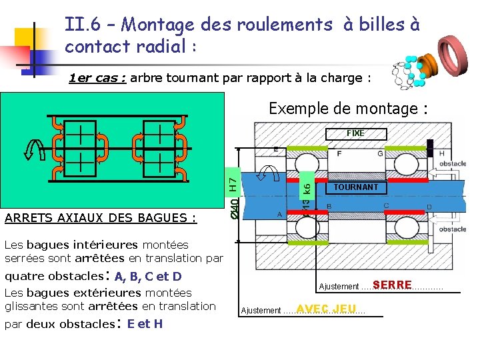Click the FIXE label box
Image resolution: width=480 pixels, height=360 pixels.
coord(355,133)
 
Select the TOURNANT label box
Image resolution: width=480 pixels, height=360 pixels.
coord(356,187)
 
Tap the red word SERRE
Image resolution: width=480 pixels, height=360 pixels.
coord(392,285)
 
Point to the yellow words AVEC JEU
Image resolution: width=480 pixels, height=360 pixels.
coord(327,309)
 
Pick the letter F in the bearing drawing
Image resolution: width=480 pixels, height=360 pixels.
coord(339,153)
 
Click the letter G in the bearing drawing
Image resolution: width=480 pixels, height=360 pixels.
coord(380,153)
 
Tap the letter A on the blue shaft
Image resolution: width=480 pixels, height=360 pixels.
coord(279,215)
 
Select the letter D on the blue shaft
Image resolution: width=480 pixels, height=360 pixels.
coord(429,207)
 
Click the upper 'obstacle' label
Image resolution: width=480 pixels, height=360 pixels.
coord(453,164)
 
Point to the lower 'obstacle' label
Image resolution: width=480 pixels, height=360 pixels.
coord(453,229)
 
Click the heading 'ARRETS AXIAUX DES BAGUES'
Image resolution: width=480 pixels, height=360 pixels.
coord(100,218)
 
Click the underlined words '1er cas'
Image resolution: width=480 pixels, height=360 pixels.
coord(97,78)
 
